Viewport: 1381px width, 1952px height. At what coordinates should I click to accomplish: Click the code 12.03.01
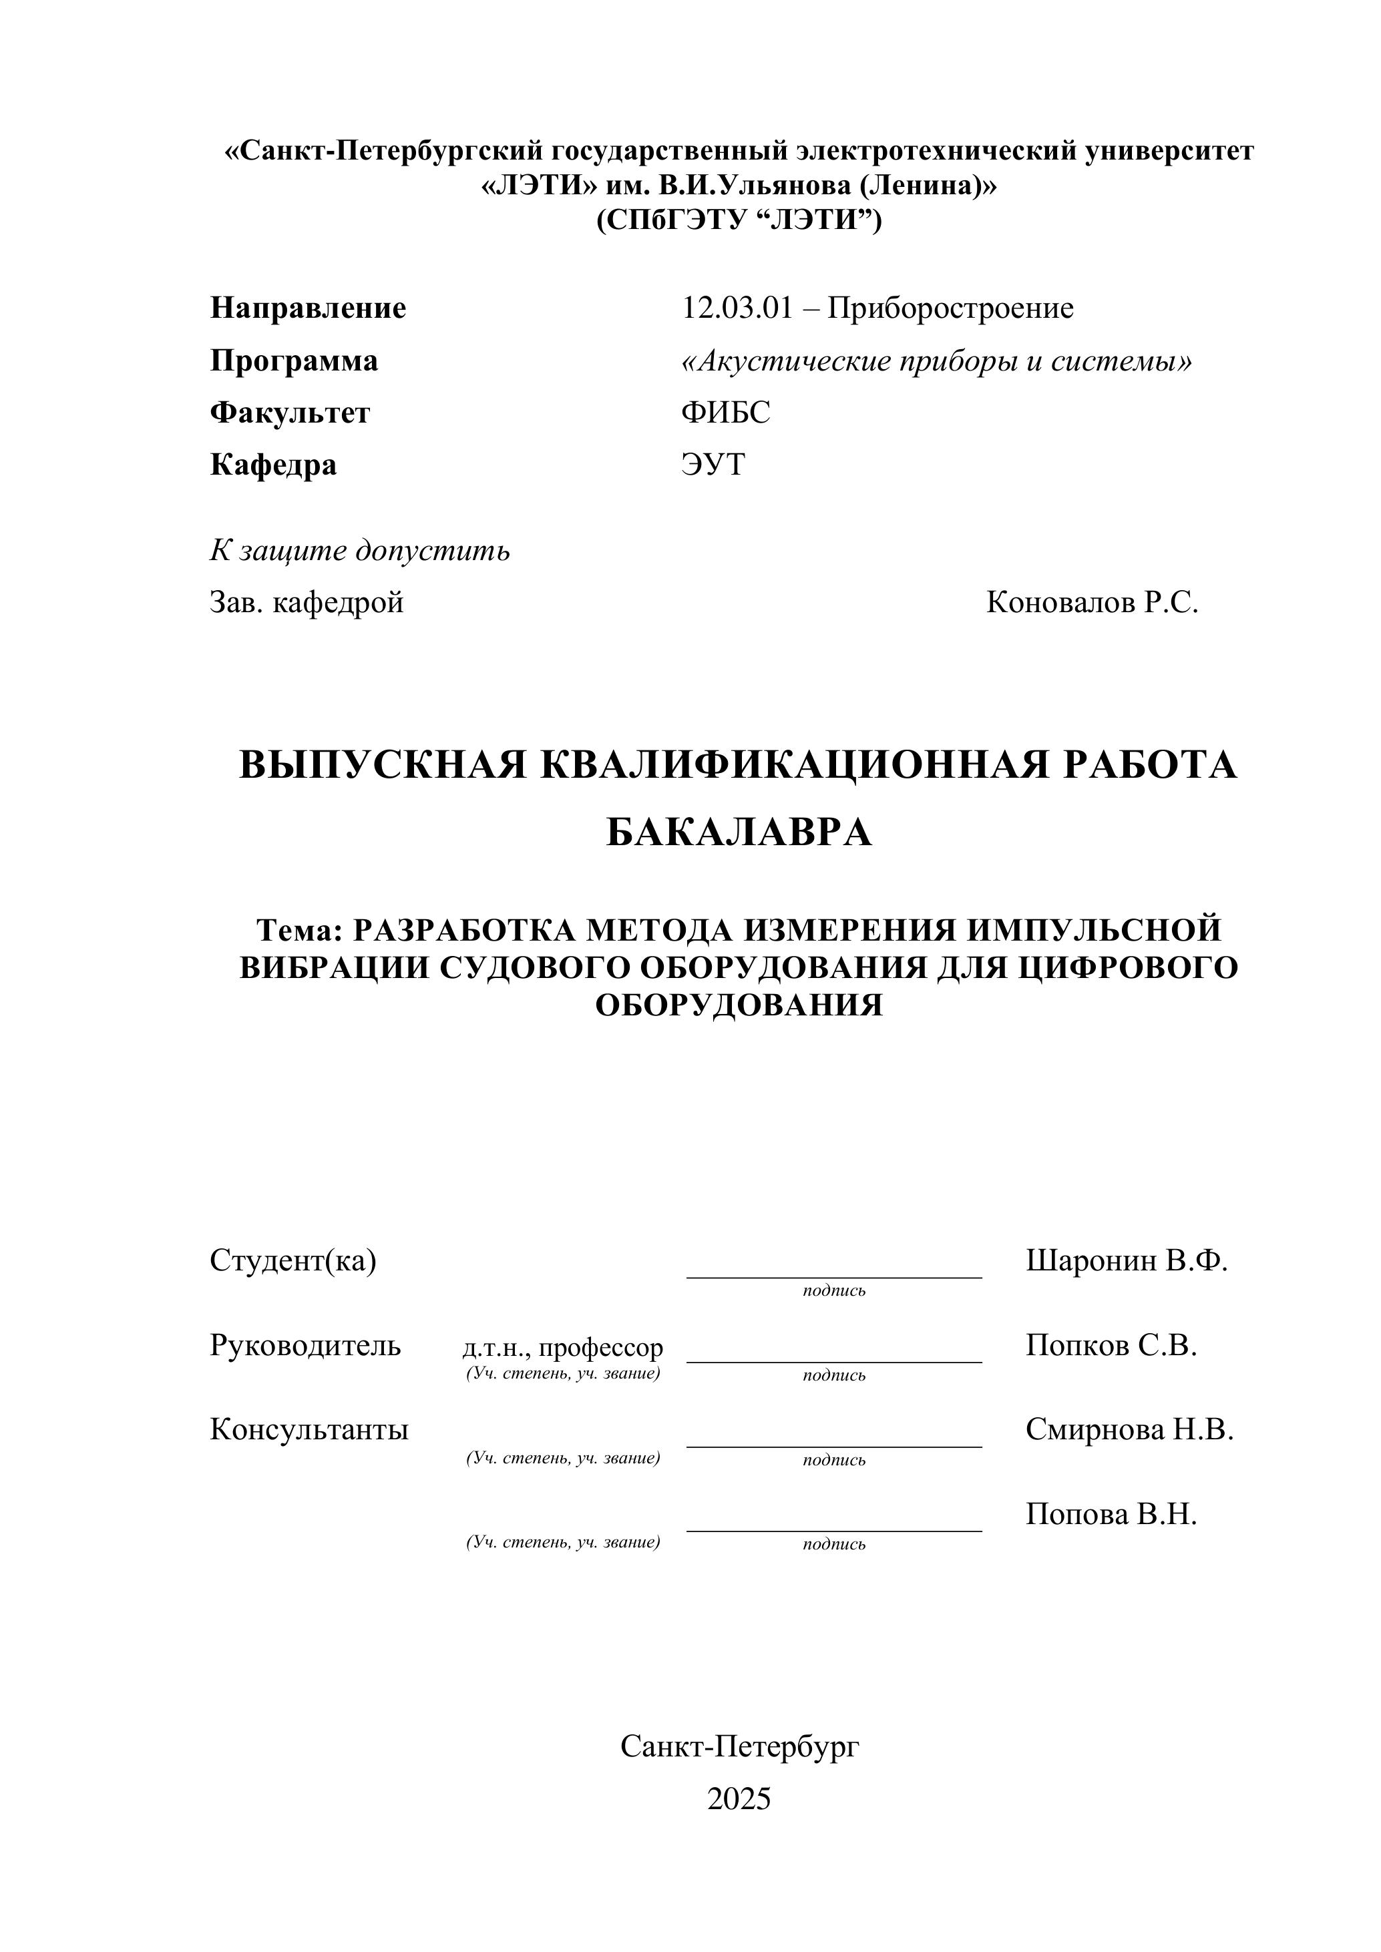(x=737, y=308)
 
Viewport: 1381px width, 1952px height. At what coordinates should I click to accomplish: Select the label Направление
(x=308, y=308)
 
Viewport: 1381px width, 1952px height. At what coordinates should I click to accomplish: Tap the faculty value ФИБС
(x=725, y=413)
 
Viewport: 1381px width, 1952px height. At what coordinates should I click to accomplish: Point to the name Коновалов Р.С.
(x=1092, y=602)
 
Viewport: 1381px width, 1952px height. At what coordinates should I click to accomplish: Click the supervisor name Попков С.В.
(x=1111, y=1345)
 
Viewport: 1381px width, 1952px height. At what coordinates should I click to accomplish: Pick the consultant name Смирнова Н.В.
(x=1129, y=1429)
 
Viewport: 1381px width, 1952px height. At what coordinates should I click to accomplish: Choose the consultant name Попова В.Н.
(x=1111, y=1513)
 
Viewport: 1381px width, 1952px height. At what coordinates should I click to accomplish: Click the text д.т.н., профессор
(x=562, y=1348)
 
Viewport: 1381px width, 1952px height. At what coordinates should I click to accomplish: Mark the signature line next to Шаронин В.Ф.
(x=833, y=1276)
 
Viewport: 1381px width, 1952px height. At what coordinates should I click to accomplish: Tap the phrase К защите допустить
(x=360, y=551)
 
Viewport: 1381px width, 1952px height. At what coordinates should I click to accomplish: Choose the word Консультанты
(x=309, y=1429)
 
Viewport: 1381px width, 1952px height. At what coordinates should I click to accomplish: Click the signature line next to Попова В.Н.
(x=833, y=1530)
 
